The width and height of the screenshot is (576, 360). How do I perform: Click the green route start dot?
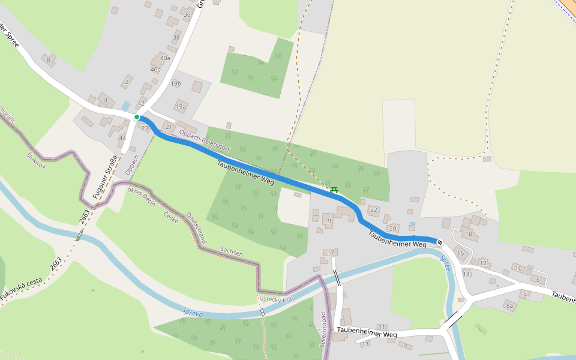coord(137,117)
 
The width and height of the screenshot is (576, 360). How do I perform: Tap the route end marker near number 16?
coord(440,242)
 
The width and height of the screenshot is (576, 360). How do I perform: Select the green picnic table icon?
coord(334,190)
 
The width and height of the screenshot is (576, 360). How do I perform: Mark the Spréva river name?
coord(193,311)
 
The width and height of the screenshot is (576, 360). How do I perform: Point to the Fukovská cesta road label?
coord(21,289)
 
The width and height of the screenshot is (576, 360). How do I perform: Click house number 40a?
coord(165,58)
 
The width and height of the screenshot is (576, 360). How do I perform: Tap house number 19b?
coord(176,84)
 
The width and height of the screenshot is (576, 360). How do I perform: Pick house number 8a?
coord(510,306)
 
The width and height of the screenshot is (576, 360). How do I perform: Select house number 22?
coord(374,209)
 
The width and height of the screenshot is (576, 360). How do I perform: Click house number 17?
coord(330,252)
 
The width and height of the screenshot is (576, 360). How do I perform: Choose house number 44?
coord(122,139)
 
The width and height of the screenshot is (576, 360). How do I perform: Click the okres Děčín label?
coord(142,196)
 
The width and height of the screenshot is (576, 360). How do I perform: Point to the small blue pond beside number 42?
coord(125,106)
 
